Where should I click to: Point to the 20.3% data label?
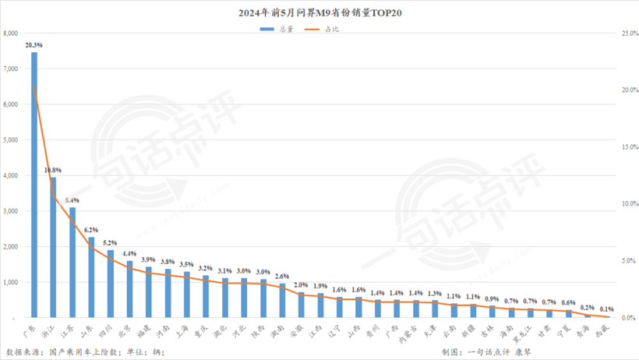tap(34, 45)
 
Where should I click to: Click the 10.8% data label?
tap(53, 170)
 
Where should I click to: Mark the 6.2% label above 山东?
tap(91, 230)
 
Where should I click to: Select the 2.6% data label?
tap(282, 277)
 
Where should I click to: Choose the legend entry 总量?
tap(277, 30)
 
